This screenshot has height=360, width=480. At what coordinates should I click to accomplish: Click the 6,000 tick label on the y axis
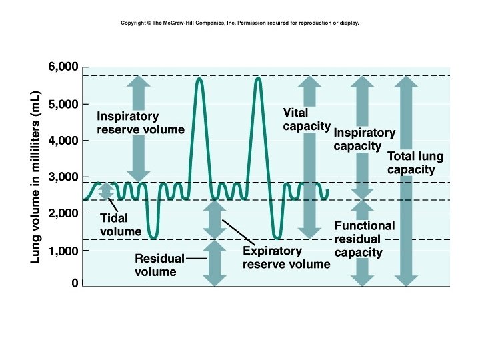63,67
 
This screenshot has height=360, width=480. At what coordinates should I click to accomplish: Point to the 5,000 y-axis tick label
63,105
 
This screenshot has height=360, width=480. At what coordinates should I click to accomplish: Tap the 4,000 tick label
63,141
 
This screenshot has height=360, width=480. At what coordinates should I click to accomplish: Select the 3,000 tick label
63,177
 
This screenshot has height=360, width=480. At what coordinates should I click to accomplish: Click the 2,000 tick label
63,213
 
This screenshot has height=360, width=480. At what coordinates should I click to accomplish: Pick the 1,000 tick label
63,251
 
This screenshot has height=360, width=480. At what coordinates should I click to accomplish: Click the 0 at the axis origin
75,284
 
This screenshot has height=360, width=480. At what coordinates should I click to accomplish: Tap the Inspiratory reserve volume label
140,123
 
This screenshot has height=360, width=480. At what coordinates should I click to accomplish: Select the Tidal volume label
120,225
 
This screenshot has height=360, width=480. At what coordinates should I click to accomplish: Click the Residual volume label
155,265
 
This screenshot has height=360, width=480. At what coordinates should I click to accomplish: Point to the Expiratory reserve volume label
286,258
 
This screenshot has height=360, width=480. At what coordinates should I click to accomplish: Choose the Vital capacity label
306,119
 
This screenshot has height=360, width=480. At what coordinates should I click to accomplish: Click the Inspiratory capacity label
364,139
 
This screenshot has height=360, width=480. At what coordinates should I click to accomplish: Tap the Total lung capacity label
415,163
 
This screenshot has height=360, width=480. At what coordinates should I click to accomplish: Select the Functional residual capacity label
364,239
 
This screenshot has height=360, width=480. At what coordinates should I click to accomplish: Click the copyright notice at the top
240,23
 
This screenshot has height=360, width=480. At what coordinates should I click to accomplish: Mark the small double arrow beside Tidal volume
105,191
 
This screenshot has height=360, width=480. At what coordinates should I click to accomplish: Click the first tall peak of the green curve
199,79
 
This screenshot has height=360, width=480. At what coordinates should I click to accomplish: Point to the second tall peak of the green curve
258,79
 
